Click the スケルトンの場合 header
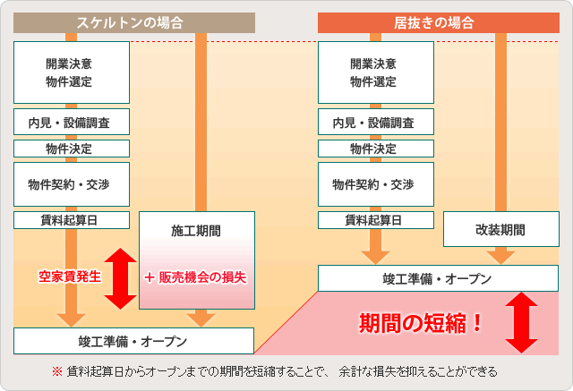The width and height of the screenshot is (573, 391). point(134,22)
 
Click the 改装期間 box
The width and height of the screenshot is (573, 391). point(500,230)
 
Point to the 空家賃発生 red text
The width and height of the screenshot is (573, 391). point(69,276)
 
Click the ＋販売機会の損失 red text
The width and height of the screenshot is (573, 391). point(195,276)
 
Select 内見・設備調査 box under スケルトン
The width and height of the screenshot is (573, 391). point(72,122)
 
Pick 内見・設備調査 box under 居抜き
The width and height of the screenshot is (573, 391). point(376,122)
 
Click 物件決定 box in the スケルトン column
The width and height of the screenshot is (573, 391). point(72,149)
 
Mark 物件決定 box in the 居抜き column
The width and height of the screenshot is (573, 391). point(376,149)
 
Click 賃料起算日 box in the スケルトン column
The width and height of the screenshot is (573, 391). point(72,220)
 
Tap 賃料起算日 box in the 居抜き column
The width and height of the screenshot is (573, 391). point(376,220)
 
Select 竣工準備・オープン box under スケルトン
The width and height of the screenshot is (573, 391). point(134,341)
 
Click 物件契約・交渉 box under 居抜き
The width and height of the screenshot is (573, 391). point(376,184)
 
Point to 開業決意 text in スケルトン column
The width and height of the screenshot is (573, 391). point(72,64)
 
